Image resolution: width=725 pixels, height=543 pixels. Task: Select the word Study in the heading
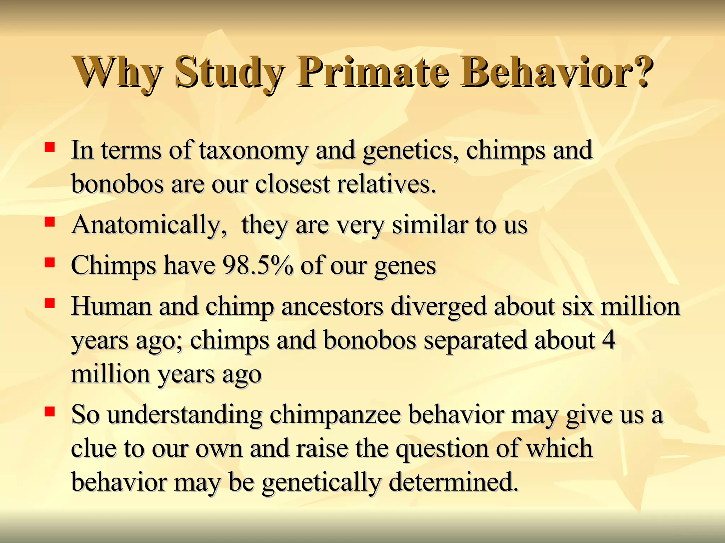point(229,72)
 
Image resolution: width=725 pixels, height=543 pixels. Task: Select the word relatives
point(386,184)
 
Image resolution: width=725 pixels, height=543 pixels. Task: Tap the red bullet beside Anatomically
point(50,222)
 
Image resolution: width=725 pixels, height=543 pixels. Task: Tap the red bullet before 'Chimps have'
point(50,262)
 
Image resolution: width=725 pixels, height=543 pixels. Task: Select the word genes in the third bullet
point(405,267)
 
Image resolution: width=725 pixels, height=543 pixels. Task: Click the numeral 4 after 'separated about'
point(609,340)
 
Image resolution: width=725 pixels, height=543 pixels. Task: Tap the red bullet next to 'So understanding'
point(50,411)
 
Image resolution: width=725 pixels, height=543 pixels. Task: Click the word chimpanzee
point(335,415)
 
